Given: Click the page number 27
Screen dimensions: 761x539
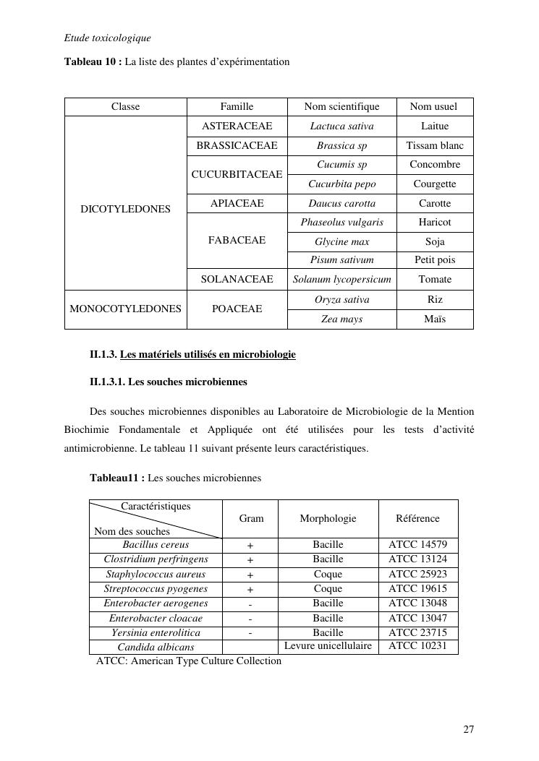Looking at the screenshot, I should pyautogui.click(x=469, y=729).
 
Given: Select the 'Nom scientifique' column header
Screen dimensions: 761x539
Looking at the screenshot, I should pyautogui.click(x=341, y=107).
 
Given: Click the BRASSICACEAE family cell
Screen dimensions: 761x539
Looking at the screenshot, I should pyautogui.click(x=237, y=145).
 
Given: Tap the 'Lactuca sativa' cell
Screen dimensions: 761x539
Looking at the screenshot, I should pyautogui.click(x=341, y=126).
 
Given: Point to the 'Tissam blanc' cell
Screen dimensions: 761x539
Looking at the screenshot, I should pyautogui.click(x=435, y=145).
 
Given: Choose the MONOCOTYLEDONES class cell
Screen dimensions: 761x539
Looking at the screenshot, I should pyautogui.click(x=125, y=309).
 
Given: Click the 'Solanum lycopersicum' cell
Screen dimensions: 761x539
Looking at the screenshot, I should pyautogui.click(x=341, y=279).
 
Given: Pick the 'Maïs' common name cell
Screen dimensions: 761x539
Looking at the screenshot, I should pyautogui.click(x=435, y=319).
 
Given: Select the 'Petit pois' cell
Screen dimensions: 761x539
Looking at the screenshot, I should pyautogui.click(x=435, y=259).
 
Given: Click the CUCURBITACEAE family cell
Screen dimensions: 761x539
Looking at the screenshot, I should pyautogui.click(x=237, y=174).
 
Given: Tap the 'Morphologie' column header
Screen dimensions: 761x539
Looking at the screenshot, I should pyautogui.click(x=328, y=518).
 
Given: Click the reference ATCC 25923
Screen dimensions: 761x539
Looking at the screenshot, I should pyautogui.click(x=417, y=575).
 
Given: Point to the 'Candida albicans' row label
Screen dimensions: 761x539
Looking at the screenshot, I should pyautogui.click(x=156, y=647).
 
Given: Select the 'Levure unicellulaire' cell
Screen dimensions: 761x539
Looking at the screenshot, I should pyautogui.click(x=328, y=645).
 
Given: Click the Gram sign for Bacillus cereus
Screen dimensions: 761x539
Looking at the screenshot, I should pyautogui.click(x=250, y=546).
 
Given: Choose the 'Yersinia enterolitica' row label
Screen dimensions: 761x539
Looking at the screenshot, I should pyautogui.click(x=156, y=632).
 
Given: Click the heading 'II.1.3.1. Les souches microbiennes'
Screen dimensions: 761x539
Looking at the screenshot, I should pyautogui.click(x=169, y=382).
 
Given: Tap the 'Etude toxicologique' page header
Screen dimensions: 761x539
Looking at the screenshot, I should pyautogui.click(x=107, y=38).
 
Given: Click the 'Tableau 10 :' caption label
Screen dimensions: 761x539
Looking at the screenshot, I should pyautogui.click(x=93, y=62).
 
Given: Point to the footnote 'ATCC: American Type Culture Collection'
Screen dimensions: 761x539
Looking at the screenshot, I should pyautogui.click(x=189, y=661).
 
